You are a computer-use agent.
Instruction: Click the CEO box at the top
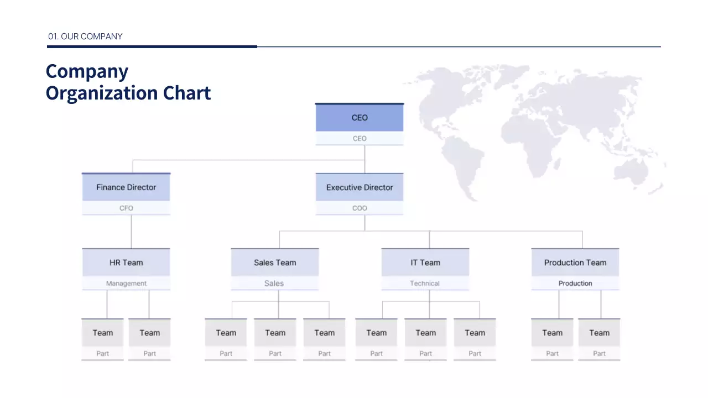coord(360,118)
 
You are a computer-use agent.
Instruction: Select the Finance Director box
coord(126,187)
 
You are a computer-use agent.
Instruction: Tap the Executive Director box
coord(360,187)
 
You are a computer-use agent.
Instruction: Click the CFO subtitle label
coord(126,208)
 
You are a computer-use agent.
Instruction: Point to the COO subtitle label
coord(360,208)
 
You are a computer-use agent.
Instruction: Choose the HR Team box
coord(126,263)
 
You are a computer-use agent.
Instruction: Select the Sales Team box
coord(275,263)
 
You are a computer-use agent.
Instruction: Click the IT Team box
coord(425,263)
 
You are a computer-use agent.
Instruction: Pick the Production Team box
coord(575,263)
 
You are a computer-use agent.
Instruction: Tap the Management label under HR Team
coord(126,284)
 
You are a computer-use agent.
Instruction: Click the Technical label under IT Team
coord(425,284)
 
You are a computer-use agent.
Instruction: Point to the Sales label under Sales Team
coord(274,284)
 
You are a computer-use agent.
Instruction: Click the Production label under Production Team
coord(575,284)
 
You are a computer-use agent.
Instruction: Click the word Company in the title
coord(87,71)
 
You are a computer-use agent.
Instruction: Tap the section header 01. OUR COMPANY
coord(85,36)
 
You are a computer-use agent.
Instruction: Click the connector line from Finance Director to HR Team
coord(132,232)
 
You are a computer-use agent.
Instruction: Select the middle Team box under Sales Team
coord(275,333)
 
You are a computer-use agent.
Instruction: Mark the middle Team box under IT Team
coord(425,333)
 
